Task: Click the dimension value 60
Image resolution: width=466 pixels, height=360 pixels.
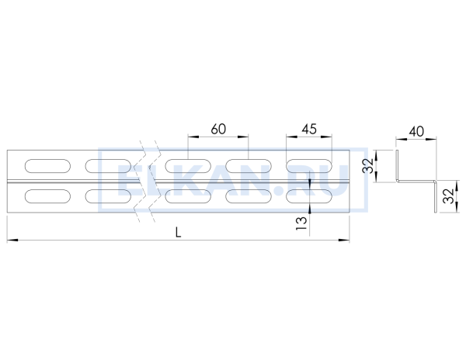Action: click(x=218, y=129)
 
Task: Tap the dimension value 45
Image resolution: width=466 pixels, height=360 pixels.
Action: click(x=309, y=129)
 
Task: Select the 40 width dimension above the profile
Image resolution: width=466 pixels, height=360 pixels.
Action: click(x=416, y=131)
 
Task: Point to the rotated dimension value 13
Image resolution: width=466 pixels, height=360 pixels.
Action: click(x=301, y=223)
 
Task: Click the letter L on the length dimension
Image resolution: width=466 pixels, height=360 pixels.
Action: click(x=178, y=233)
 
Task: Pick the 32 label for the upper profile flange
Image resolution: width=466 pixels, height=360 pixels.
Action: click(x=368, y=165)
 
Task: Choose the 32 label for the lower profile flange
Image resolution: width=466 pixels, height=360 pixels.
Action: click(x=449, y=196)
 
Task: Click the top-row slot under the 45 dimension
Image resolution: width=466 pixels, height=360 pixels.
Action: click(x=309, y=166)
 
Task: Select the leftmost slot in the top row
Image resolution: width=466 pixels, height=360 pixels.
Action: click(x=47, y=166)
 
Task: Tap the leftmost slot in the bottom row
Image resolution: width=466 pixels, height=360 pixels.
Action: click(x=47, y=196)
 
